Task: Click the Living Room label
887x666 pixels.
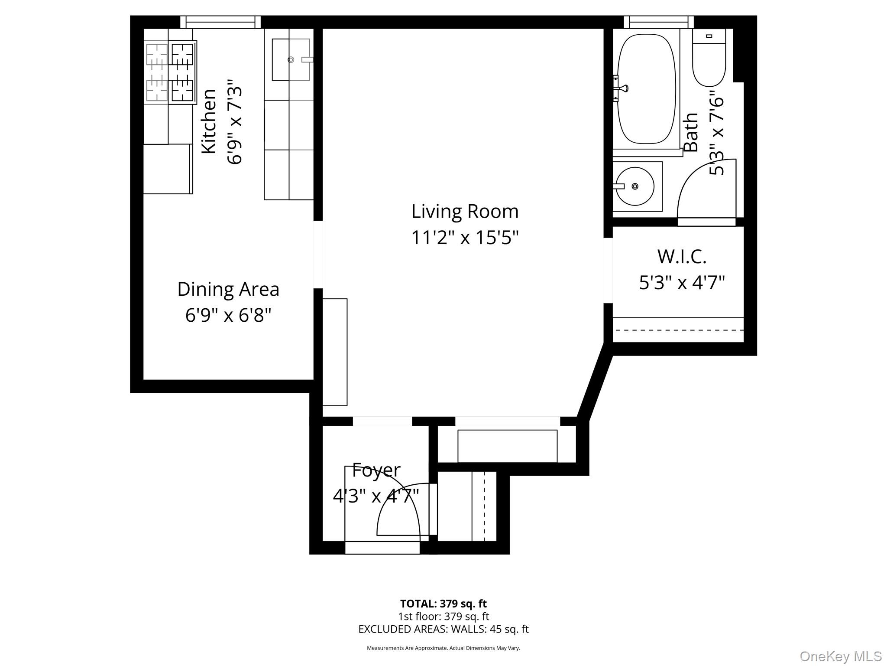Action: [465, 212]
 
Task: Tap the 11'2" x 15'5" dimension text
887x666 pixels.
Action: [465, 238]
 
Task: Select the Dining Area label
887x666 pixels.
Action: [228, 289]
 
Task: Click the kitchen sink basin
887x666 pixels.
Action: [291, 60]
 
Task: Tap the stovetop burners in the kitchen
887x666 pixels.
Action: [170, 72]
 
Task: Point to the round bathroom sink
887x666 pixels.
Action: [635, 186]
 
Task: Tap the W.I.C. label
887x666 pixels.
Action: [682, 257]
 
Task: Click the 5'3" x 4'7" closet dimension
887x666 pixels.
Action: [682, 283]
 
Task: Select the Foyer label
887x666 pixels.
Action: [376, 470]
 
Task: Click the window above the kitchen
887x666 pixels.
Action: [220, 22]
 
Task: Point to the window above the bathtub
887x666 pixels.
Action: [658, 22]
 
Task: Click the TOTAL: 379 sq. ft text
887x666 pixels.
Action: [443, 604]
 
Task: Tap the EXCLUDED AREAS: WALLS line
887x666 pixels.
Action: [443, 629]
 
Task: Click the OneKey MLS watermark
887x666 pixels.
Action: [840, 656]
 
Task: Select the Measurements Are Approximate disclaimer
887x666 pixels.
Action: [443, 648]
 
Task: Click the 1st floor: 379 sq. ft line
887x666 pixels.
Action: [443, 616]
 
